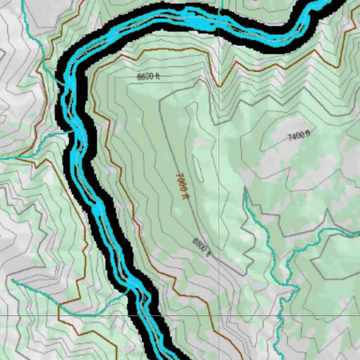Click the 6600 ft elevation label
tap(148, 76)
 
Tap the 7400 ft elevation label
tap(299, 135)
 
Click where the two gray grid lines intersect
tap(219, 315)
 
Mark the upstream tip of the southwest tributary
tap(12, 280)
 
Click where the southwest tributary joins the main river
tap(129, 290)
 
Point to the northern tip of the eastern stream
tap(245, 190)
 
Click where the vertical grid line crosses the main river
tap(219, 25)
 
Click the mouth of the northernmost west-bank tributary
tap(65, 84)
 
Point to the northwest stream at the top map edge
tap(22, 1)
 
